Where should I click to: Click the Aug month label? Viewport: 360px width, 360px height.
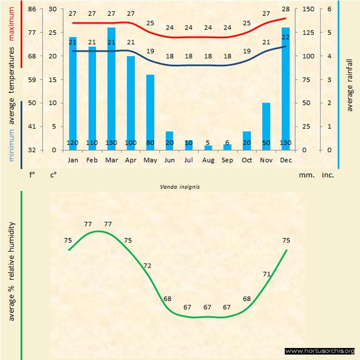[208, 160]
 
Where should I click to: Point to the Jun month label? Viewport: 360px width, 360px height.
[169, 160]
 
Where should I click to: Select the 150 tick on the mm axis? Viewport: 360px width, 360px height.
[308, 9]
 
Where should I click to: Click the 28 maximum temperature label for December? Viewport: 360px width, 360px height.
[286, 9]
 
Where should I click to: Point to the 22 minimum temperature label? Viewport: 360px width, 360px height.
[286, 37]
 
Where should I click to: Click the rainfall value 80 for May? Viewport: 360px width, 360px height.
[150, 143]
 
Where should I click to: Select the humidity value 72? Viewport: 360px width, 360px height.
[147, 266]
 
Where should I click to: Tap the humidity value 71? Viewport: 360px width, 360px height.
[267, 274]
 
